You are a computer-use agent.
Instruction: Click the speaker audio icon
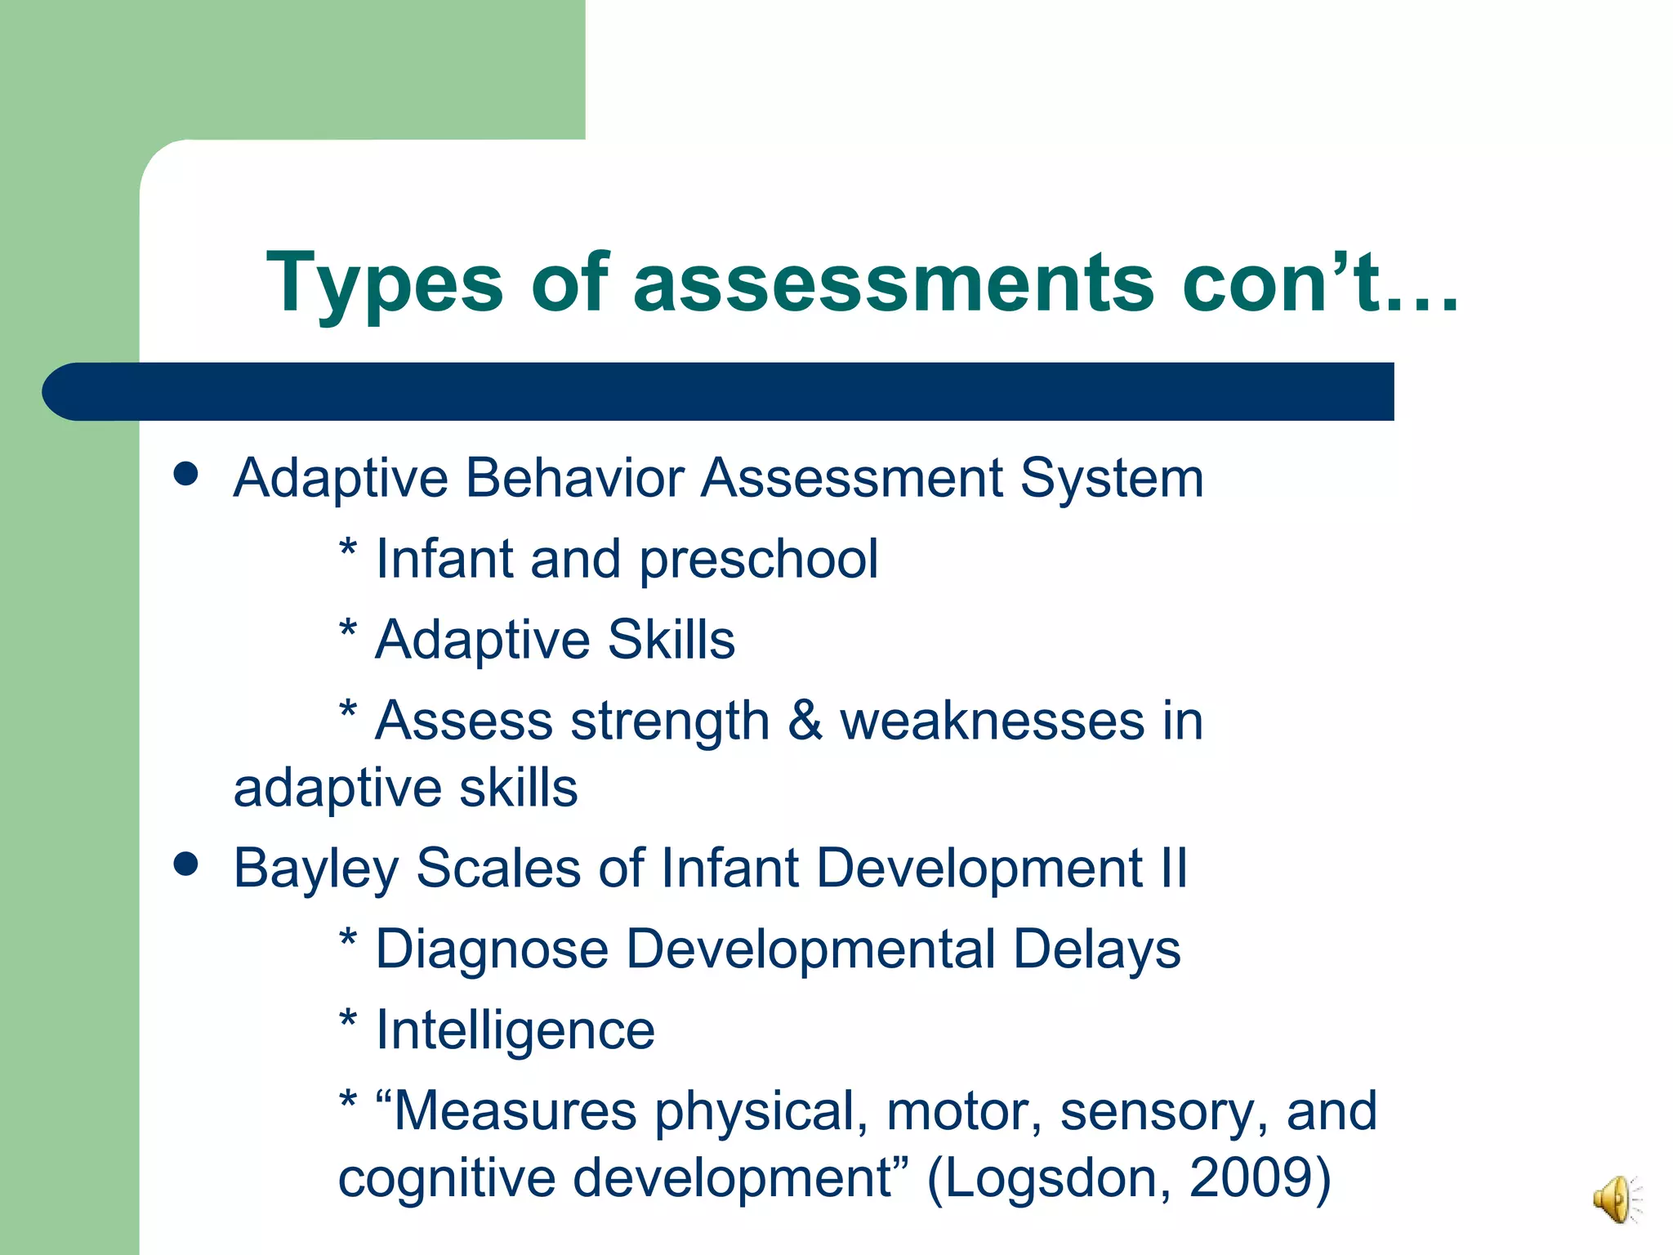click(x=1614, y=1199)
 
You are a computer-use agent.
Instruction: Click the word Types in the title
click(x=384, y=284)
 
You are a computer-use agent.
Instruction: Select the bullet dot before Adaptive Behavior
click(x=186, y=474)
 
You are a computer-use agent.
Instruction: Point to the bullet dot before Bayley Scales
click(x=186, y=864)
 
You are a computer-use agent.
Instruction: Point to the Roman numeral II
click(x=1173, y=868)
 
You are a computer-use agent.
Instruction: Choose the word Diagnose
click(x=492, y=951)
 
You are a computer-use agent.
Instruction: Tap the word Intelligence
click(x=515, y=1031)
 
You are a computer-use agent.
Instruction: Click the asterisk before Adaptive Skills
click(x=348, y=631)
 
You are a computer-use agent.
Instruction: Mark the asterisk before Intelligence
click(x=348, y=1021)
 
